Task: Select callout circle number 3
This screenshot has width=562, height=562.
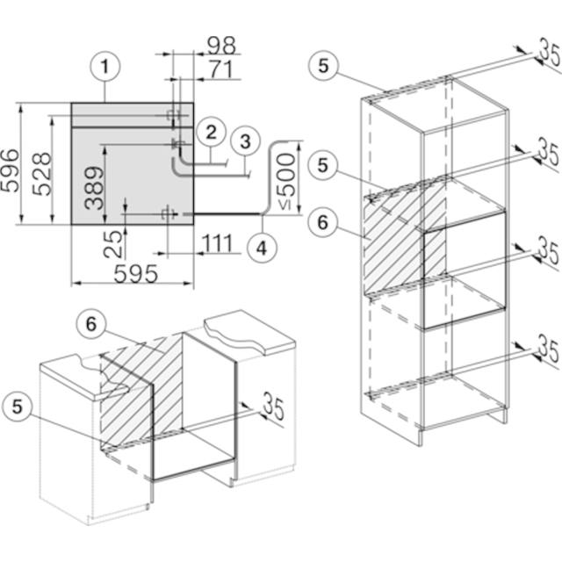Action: (245, 140)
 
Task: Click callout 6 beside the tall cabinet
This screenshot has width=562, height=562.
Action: (323, 222)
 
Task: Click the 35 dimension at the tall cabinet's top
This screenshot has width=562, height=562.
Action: (548, 54)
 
